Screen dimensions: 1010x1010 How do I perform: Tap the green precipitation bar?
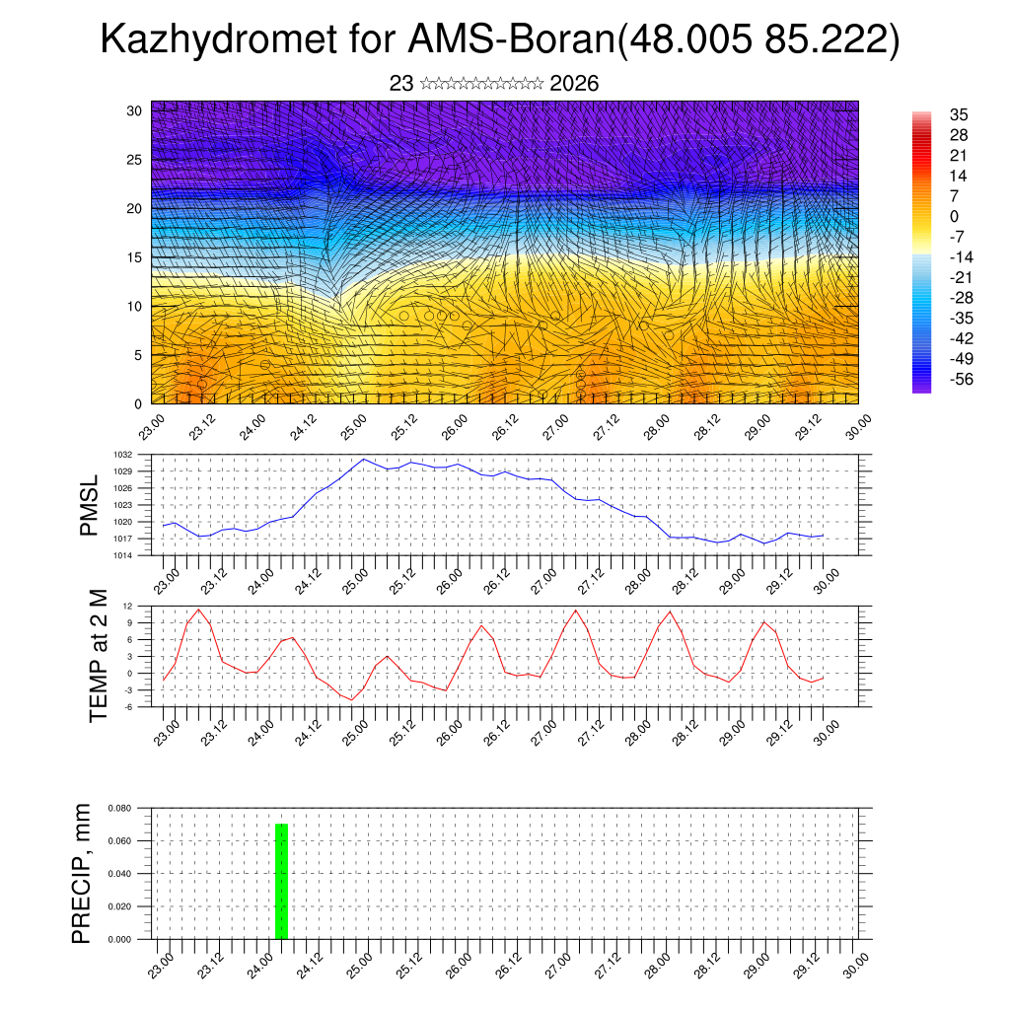pos(281,881)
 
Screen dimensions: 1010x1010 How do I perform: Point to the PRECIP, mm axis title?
pos(83,873)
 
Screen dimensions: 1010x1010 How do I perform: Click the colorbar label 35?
pos(958,114)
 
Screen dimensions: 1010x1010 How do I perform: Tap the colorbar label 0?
pos(954,216)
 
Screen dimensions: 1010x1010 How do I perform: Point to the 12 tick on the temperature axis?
pos(128,606)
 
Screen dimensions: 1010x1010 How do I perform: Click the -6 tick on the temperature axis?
pos(128,706)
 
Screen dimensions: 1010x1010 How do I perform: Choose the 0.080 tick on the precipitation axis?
pos(120,808)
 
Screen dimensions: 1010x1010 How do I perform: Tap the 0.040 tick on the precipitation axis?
pos(120,874)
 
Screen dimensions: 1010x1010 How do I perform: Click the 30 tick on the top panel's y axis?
pos(133,110)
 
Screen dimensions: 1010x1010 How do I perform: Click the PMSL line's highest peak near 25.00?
pos(363,460)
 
